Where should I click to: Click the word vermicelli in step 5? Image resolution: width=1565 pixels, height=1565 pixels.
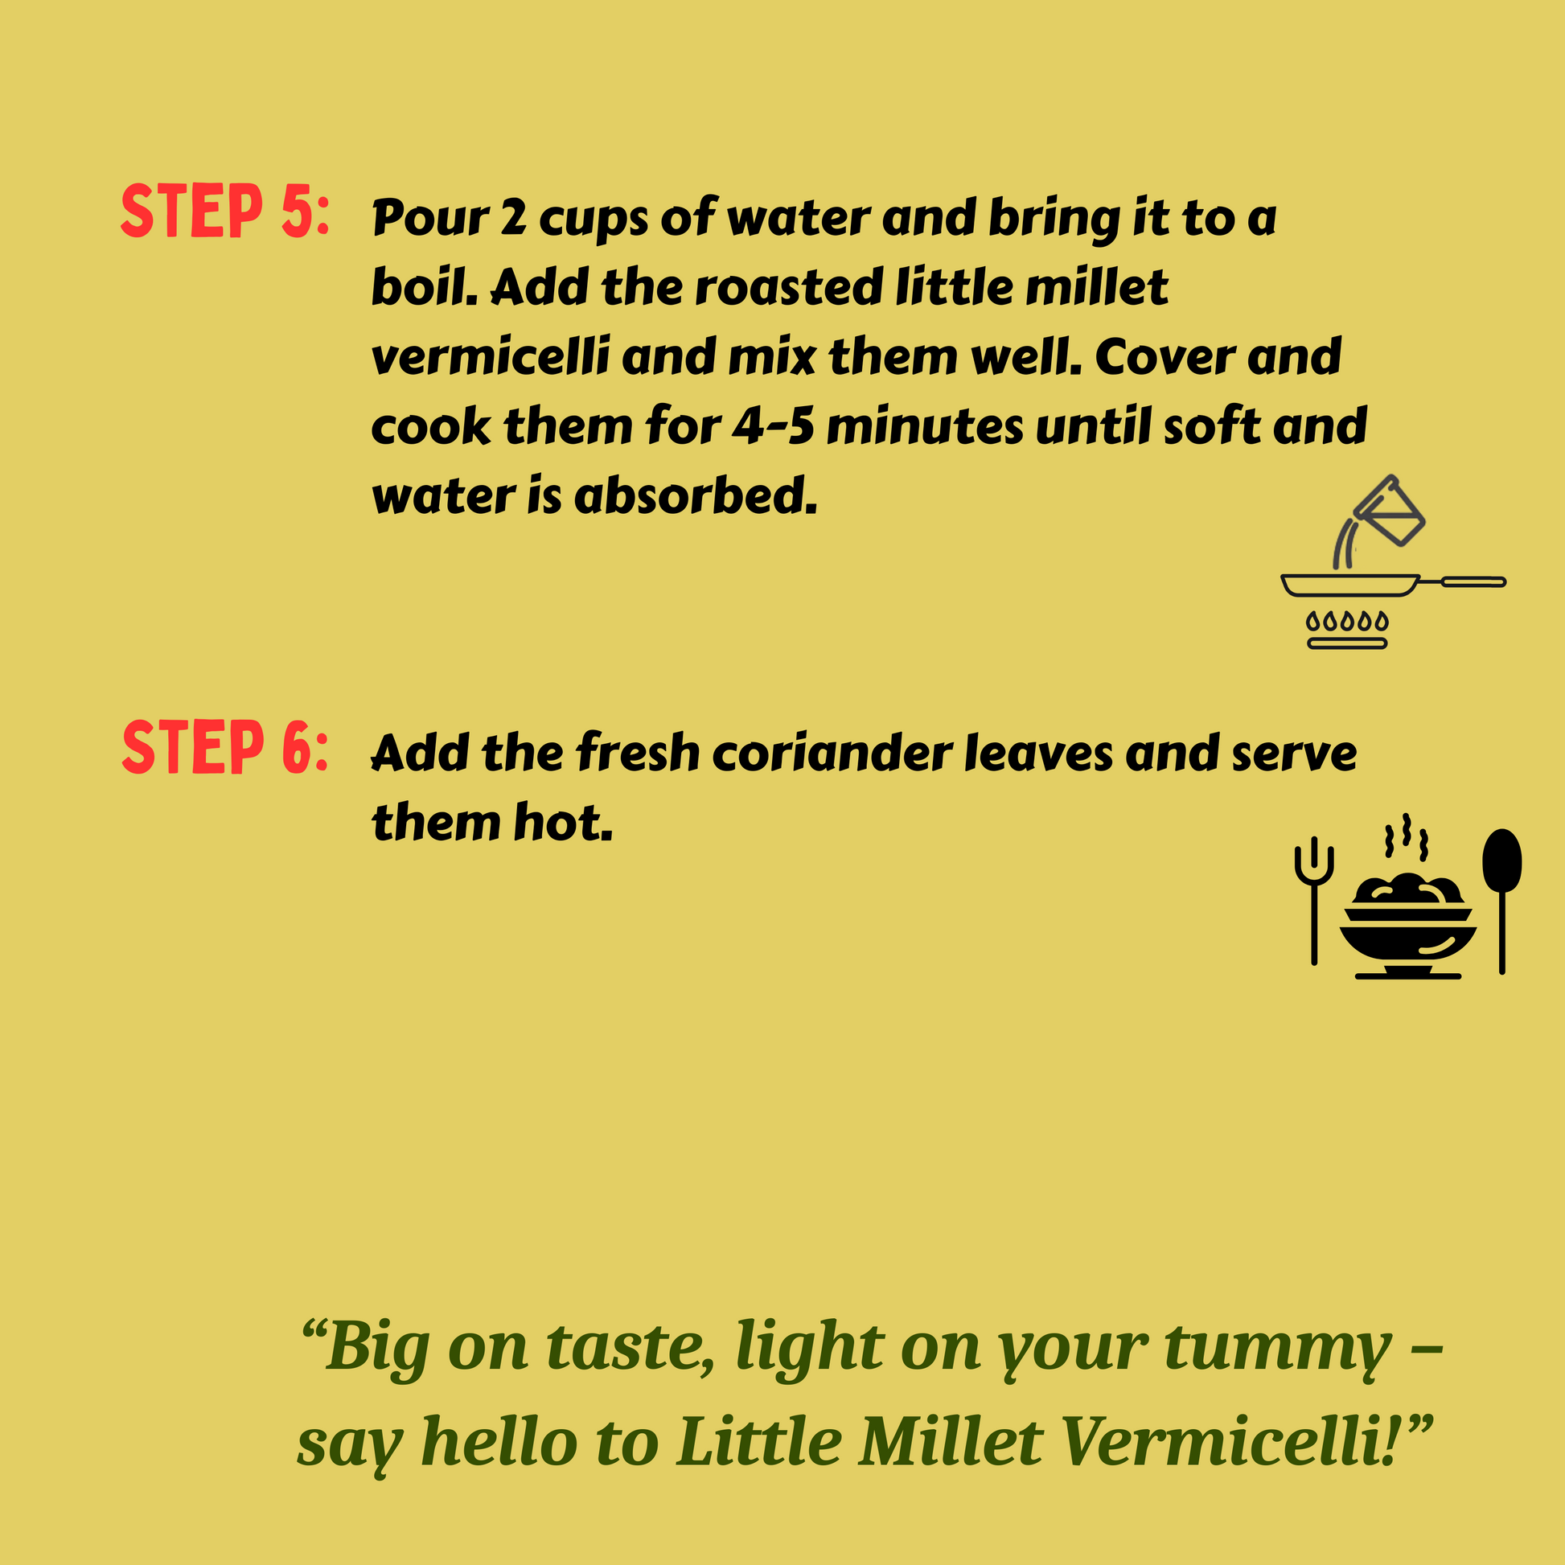[x=490, y=356]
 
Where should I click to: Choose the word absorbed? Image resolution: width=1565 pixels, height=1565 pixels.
[x=696, y=495]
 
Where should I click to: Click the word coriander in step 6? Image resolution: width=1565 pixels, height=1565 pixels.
[x=832, y=754]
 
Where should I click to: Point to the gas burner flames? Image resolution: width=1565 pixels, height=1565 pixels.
[x=1347, y=622]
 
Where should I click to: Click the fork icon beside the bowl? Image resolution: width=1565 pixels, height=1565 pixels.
[x=1314, y=900]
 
